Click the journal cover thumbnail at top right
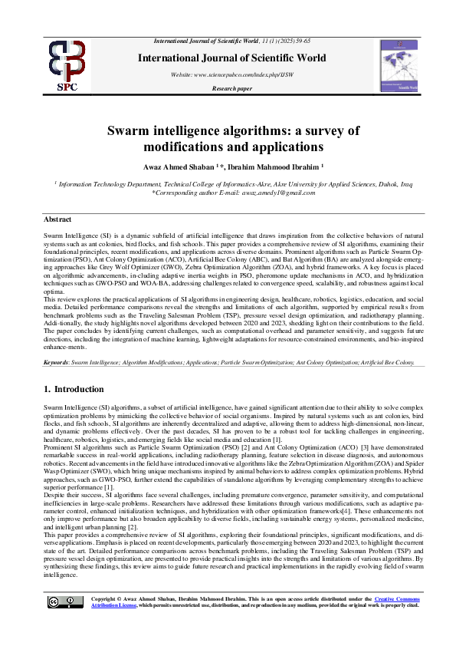[x=399, y=66]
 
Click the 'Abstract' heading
[x=58, y=219]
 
